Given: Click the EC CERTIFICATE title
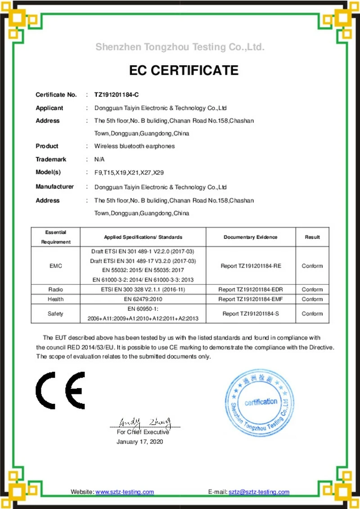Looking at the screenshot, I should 184,71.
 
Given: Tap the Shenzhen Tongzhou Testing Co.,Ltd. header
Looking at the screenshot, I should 180,47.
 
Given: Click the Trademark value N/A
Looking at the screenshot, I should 99,159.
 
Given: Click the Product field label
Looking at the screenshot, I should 47,146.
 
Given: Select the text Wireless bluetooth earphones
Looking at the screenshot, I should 134,146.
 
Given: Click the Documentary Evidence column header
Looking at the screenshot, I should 250,237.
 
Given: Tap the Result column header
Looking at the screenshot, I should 312,237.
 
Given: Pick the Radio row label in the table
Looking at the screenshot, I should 55,290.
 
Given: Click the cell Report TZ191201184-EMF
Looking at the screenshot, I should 251,299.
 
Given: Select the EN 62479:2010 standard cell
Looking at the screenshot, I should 143,299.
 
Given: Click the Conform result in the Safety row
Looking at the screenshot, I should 312,314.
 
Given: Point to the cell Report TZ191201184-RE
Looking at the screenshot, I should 251,266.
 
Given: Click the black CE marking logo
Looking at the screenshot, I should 60,390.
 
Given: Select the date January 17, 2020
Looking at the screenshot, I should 139,442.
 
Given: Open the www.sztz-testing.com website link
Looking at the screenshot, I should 125,492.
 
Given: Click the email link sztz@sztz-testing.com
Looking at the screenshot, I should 259,492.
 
